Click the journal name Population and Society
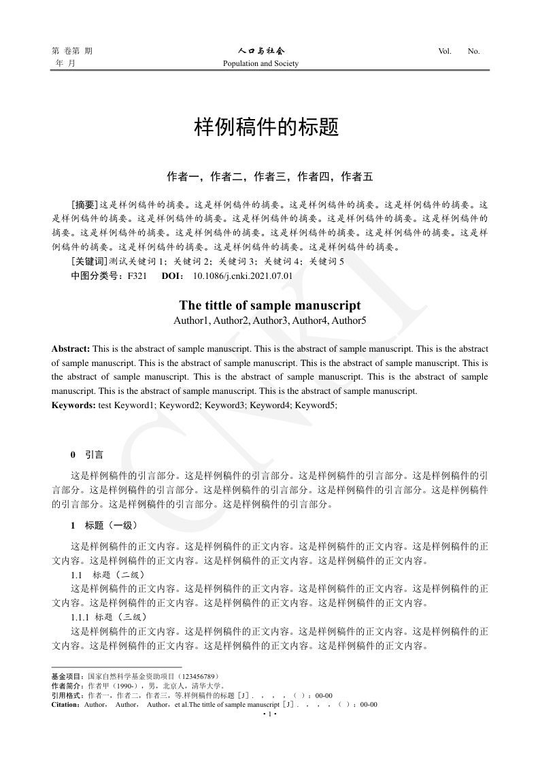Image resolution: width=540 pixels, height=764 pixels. pyautogui.click(x=261, y=64)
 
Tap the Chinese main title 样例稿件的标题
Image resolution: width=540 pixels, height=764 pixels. pyautogui.click(x=267, y=127)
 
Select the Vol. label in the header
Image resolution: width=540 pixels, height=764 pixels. pyautogui.click(x=445, y=51)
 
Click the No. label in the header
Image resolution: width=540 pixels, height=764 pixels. pyautogui.click(x=474, y=51)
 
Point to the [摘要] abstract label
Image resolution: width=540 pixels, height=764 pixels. pyautogui.click(x=85, y=203)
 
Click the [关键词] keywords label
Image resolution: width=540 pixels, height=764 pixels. pyautogui.click(x=89, y=261)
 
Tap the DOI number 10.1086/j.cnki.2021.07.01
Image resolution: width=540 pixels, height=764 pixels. pyautogui.click(x=243, y=276)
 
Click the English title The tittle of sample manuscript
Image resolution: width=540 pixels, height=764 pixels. pyautogui.click(x=270, y=305)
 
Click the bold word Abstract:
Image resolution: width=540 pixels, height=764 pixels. pyautogui.click(x=71, y=348)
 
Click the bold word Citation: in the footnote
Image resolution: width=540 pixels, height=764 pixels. pyautogui.click(x=67, y=705)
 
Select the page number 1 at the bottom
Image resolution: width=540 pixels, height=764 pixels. pyautogui.click(x=270, y=714)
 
